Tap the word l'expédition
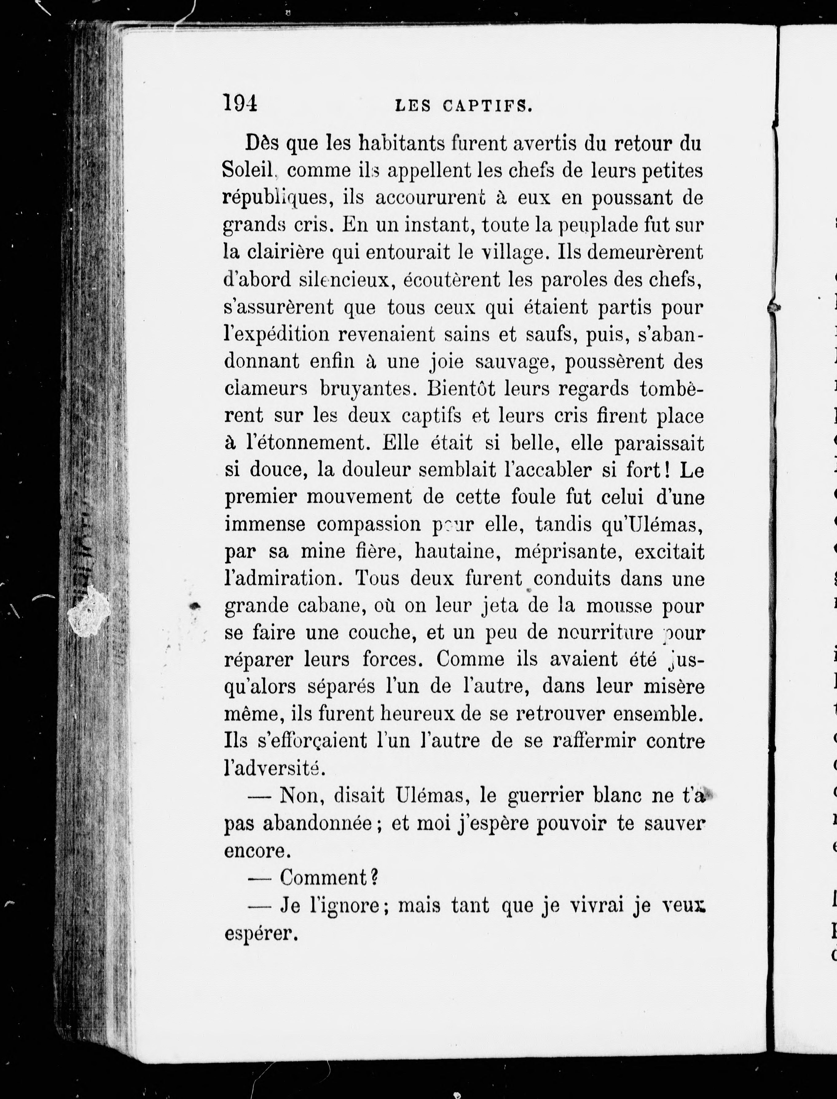pyautogui.click(x=277, y=334)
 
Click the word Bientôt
pyautogui.click(x=458, y=388)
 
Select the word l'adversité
pyautogui.click(x=274, y=769)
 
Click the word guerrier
pyautogui.click(x=545, y=796)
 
